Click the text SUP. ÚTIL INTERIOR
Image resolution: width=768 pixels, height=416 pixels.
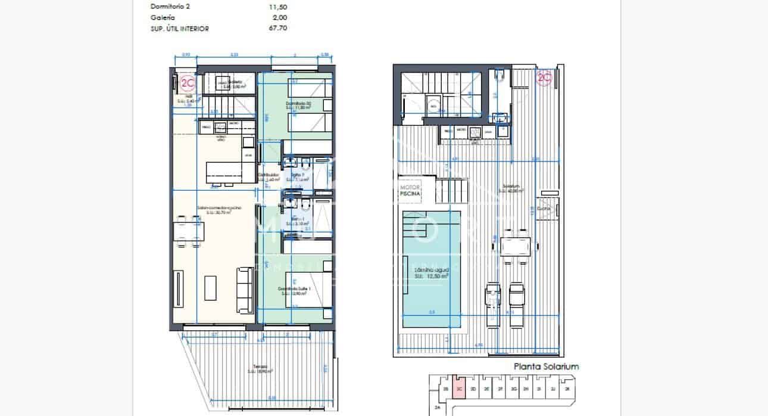(179, 28)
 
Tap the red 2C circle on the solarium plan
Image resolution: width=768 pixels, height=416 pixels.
(544, 77)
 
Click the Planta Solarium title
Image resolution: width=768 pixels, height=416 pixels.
(546, 367)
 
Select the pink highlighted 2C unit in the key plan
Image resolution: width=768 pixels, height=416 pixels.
(458, 388)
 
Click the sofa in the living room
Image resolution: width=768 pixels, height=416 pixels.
(244, 290)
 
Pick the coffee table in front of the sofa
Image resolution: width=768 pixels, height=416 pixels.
(211, 288)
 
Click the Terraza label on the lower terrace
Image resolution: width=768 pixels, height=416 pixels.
(258, 367)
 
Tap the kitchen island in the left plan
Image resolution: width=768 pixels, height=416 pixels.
(229, 173)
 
